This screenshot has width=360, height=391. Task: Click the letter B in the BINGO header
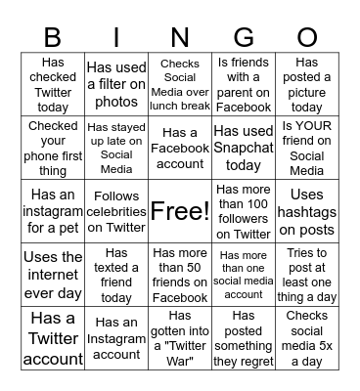pos(53,37)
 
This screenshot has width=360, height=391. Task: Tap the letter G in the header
pos(244,37)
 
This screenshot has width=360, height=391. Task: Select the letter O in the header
pos(307,37)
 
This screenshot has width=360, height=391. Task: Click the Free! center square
pos(180,211)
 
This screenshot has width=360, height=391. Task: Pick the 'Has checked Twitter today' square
pos(53,86)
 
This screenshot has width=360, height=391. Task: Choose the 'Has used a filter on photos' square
pos(116,86)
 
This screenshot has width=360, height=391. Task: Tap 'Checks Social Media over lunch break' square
pos(180,86)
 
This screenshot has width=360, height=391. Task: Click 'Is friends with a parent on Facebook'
pos(244,86)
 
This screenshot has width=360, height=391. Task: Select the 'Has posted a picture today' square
pos(307,86)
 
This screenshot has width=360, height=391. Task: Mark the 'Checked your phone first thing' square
pos(53,148)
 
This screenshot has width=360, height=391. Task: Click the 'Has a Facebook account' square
pos(180,148)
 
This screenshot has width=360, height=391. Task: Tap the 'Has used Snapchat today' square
pos(244,148)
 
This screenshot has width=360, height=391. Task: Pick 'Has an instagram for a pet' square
pos(53,211)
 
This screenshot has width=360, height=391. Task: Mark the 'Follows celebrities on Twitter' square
pos(116,211)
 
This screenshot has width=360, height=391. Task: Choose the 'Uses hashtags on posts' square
pos(307,211)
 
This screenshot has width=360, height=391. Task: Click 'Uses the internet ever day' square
pos(53,275)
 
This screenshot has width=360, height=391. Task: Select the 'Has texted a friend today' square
pos(116,275)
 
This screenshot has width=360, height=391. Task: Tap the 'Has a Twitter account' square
pos(53,338)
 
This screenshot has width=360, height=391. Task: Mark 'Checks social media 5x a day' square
pos(307,338)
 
